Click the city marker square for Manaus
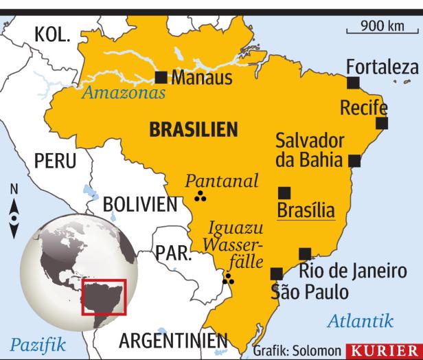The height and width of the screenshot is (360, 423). pyautogui.click(x=162, y=76)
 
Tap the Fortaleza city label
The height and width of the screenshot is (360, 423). pyautogui.click(x=382, y=67)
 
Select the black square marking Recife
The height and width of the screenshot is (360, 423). pyautogui.click(x=382, y=124)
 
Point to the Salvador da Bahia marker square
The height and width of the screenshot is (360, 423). pyautogui.click(x=354, y=161)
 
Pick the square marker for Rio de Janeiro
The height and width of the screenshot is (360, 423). pyautogui.click(x=305, y=254)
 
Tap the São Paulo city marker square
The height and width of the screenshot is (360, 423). pyautogui.click(x=277, y=273)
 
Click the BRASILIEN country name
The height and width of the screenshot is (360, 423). pyautogui.click(x=193, y=128)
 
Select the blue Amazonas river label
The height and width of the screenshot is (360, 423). pyautogui.click(x=124, y=93)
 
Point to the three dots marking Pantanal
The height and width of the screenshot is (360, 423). pyautogui.click(x=201, y=198)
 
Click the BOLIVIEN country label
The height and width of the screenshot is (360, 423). pyautogui.click(x=140, y=204)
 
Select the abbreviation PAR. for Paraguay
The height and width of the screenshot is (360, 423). pyautogui.click(x=172, y=253)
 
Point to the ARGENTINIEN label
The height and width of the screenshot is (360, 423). pyautogui.click(x=172, y=341)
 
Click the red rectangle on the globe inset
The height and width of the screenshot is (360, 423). pyautogui.click(x=104, y=297)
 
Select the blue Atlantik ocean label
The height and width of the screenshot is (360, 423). pyautogui.click(x=361, y=320)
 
